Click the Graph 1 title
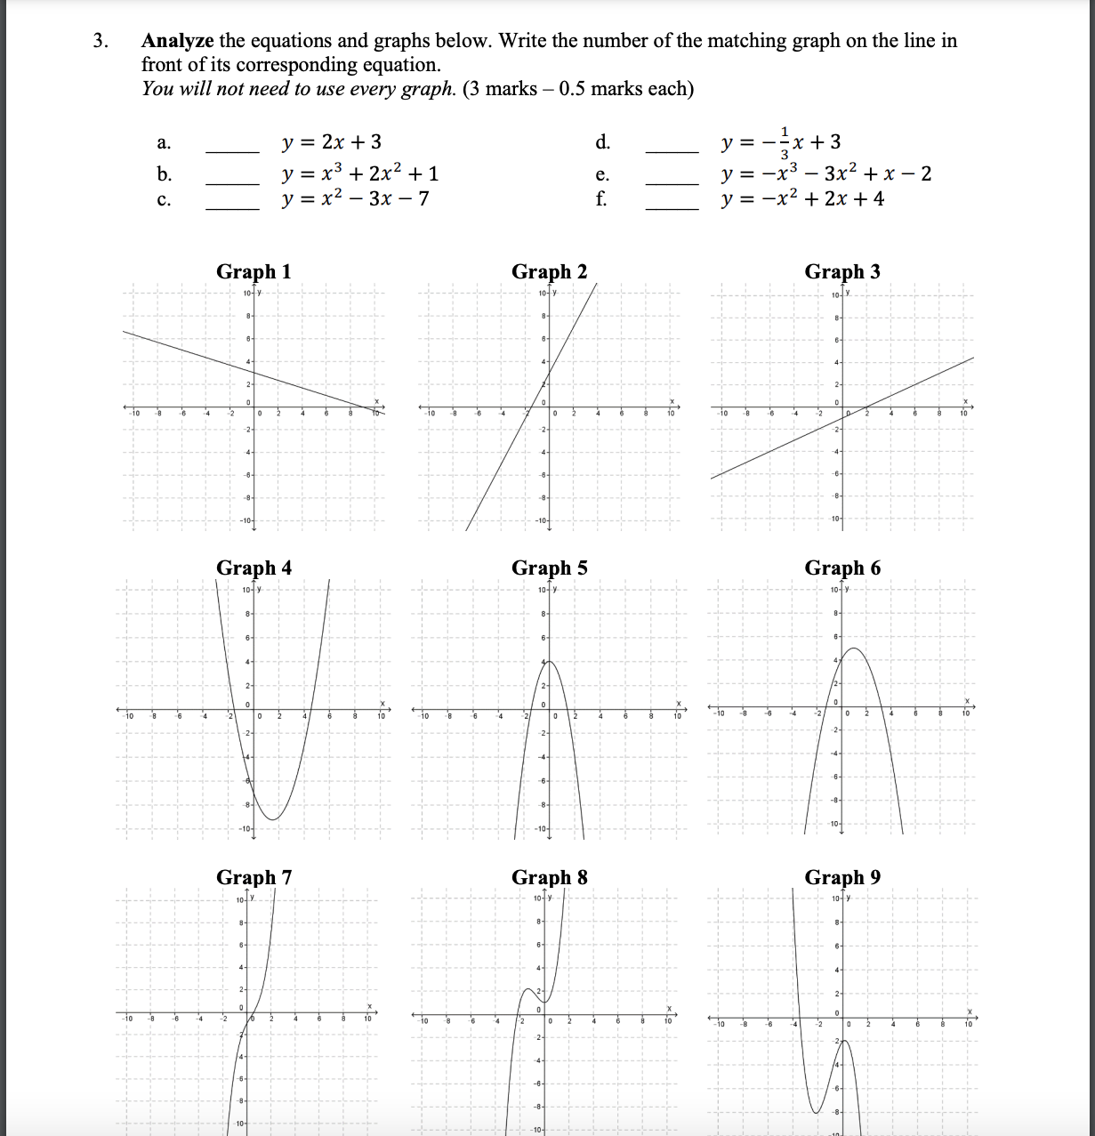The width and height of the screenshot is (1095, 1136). coord(254,272)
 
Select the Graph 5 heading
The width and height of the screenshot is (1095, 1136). coord(549,568)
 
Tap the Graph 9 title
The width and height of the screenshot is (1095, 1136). coord(842,878)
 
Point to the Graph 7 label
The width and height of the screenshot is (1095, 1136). coord(254,878)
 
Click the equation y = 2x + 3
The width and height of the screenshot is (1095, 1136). coord(332,142)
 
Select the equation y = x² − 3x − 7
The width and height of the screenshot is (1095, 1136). coord(355,198)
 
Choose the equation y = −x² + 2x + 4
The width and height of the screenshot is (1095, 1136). coord(803,198)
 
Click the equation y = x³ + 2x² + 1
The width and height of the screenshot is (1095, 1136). coord(359,173)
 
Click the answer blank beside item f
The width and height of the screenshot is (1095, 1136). coord(672,207)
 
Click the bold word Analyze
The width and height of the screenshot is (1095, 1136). coord(178,41)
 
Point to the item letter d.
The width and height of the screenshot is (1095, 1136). coord(602,142)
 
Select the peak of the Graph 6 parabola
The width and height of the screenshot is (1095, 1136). coord(854,649)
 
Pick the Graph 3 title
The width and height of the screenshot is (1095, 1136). coord(842,272)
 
